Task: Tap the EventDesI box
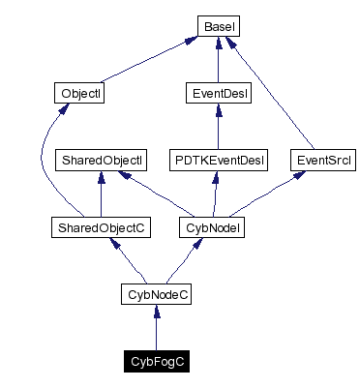tap(218, 94)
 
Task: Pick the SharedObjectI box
tap(102, 158)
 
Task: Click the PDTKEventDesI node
tap(218, 158)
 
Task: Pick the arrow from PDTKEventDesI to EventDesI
tap(218, 126)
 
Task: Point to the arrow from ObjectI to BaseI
tap(145, 59)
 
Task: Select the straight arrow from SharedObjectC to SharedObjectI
tap(102, 194)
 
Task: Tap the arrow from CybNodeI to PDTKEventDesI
tap(218, 194)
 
